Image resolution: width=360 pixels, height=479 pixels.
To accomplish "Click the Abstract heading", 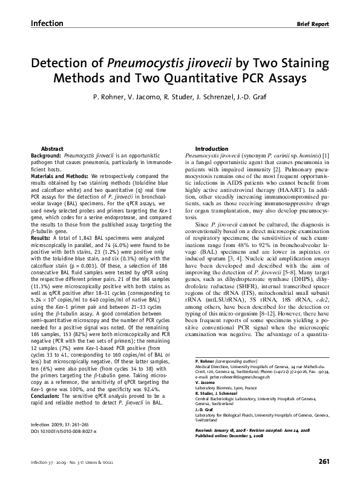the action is (52, 149).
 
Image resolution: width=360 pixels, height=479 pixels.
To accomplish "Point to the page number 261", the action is (323, 462).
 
